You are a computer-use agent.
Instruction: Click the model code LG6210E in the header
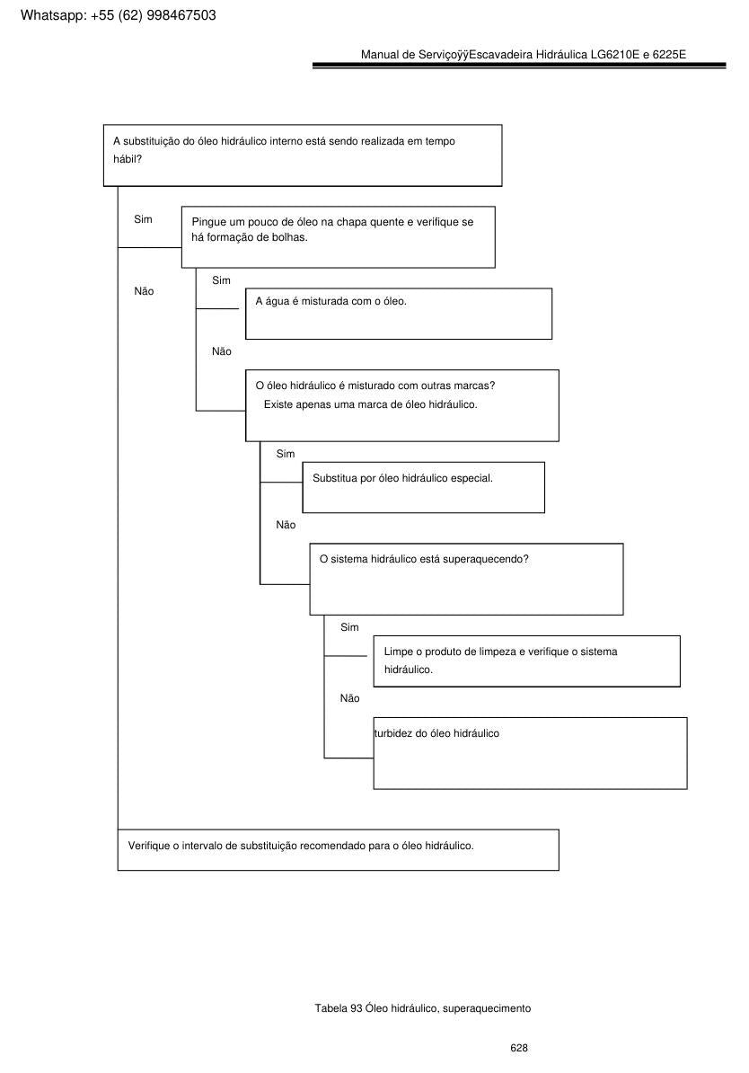[x=615, y=55]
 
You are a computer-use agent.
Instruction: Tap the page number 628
[x=519, y=1048]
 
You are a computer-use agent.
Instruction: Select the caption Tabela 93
[x=339, y=1008]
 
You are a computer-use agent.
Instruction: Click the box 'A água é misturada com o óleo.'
[x=399, y=314]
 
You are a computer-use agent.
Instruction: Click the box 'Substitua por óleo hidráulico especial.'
[x=423, y=487]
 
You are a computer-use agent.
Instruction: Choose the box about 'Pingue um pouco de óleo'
[x=338, y=236]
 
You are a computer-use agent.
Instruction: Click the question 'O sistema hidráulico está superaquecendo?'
[x=424, y=559]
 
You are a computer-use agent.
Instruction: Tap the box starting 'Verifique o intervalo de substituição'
[x=338, y=850]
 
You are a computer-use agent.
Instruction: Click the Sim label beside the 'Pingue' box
[x=143, y=219]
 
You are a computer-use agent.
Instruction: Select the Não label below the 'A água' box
[x=222, y=351]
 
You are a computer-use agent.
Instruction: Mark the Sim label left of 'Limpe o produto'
[x=349, y=627]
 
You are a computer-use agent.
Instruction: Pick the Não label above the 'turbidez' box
[x=349, y=698]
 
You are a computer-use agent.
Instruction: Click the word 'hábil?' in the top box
[x=128, y=159]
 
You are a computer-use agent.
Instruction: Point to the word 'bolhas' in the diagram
[x=288, y=237]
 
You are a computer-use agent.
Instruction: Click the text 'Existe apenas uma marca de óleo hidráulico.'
[x=371, y=404]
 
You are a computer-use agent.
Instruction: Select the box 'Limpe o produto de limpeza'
[x=526, y=661]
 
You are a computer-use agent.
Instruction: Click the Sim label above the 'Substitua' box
[x=286, y=455]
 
